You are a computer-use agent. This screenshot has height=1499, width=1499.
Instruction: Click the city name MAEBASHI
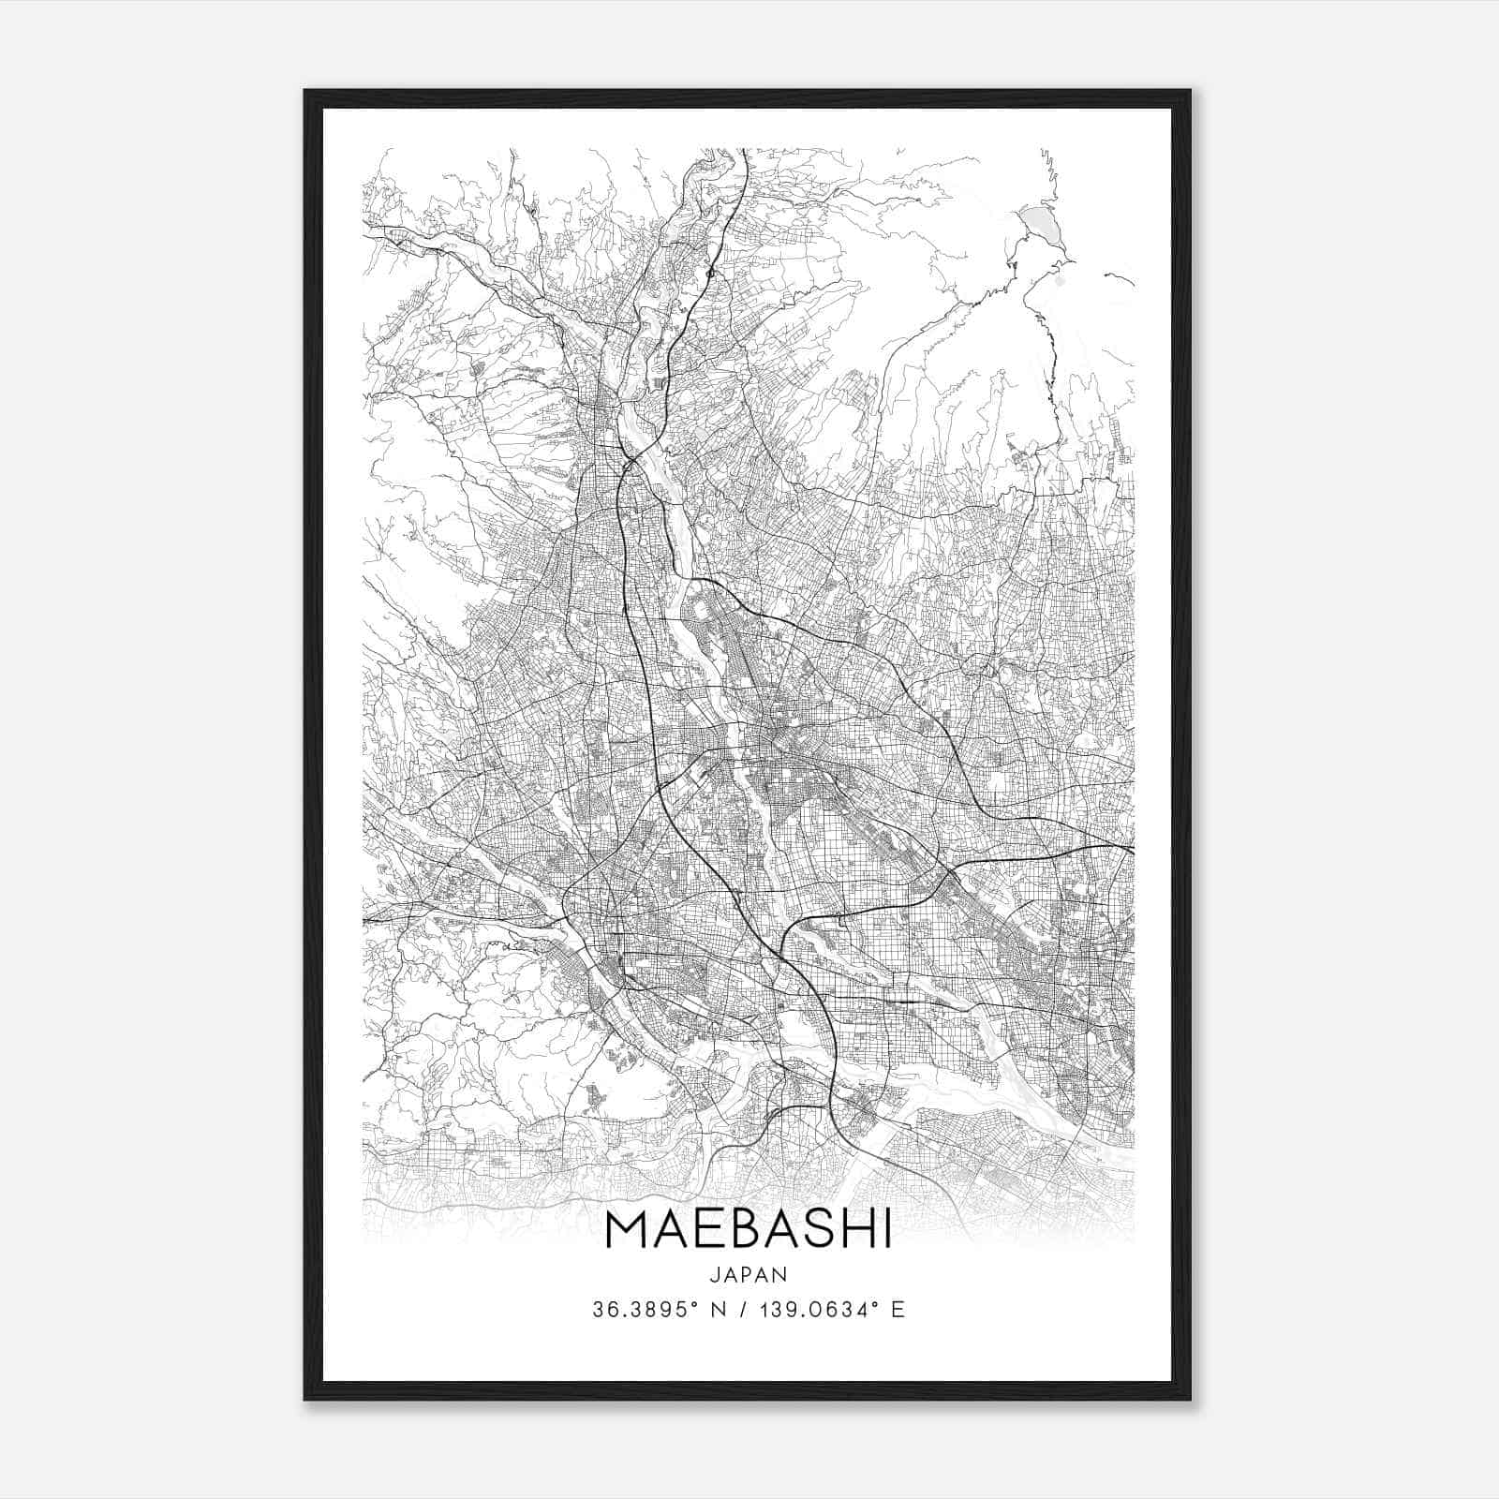(x=749, y=1231)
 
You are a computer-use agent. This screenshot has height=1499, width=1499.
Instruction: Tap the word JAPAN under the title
(x=749, y=1275)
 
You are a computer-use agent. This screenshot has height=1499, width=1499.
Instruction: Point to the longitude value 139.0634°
(x=817, y=1310)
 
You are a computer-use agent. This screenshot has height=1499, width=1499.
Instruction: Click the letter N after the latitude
(x=720, y=1310)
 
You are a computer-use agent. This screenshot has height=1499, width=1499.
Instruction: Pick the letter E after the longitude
(x=898, y=1310)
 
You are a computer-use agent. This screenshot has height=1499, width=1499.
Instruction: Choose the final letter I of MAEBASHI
(x=886, y=1231)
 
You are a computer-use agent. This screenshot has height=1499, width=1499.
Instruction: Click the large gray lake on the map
(x=1040, y=225)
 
